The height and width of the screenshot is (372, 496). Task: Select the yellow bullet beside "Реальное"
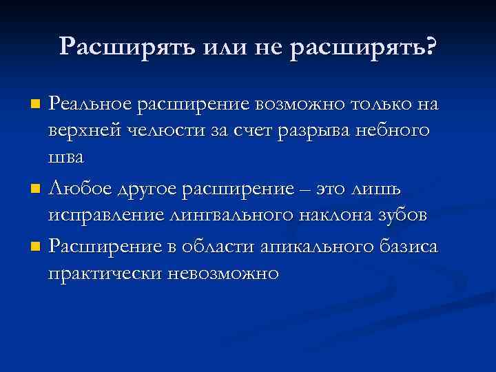pos(36,105)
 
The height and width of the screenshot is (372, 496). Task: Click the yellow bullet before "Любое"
pos(36,188)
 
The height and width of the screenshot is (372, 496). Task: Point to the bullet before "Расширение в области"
pos(36,246)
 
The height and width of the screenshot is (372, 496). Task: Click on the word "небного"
pos(393,131)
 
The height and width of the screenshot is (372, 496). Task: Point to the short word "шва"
pos(65,157)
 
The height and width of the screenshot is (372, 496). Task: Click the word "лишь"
pos(386,188)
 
